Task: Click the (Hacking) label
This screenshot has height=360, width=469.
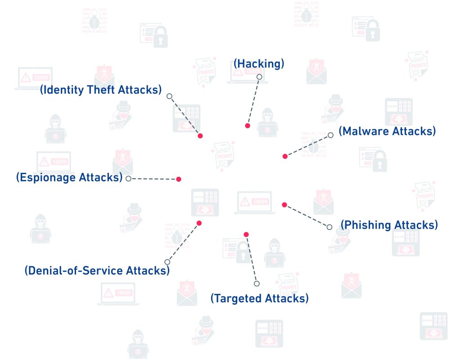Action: [259, 64]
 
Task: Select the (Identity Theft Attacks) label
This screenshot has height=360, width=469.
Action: [100, 90]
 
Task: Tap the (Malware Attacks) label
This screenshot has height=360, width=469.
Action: [387, 131]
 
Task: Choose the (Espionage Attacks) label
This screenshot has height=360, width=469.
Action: [69, 177]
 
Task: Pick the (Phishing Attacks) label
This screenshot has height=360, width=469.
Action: [389, 225]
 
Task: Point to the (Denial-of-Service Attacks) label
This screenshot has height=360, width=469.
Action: [97, 271]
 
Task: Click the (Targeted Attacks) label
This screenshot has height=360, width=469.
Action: [260, 298]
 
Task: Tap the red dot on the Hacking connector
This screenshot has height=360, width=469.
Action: [248, 126]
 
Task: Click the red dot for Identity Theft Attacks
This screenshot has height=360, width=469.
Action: [200, 135]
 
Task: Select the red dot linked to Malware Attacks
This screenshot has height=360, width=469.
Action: [285, 156]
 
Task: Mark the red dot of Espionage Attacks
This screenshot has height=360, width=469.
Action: [179, 179]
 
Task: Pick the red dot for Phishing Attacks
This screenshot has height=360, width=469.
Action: [284, 205]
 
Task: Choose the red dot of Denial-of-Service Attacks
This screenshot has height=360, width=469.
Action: [199, 223]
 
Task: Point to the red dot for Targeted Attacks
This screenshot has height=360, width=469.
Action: [246, 234]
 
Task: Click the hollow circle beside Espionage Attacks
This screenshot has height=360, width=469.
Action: [128, 179]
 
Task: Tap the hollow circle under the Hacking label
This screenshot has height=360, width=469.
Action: [259, 77]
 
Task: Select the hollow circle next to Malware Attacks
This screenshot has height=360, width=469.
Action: [330, 135]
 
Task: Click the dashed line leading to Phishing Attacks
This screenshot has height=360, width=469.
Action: [307, 216]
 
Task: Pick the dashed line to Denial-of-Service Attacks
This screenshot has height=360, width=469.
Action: [183, 242]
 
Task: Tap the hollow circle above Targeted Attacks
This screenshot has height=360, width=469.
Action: [257, 283]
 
